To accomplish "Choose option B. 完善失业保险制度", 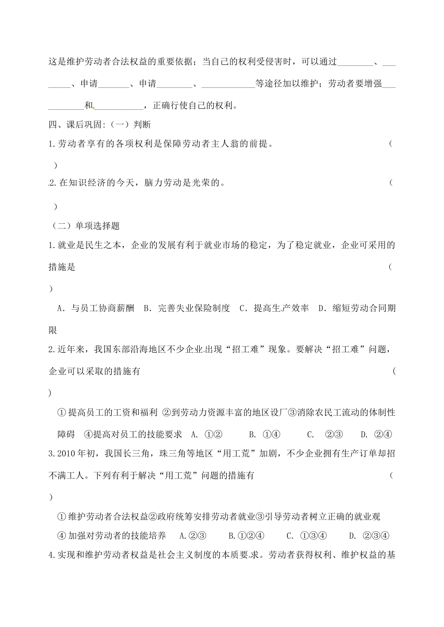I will tap(187, 308).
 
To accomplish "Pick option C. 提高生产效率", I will tap(274, 308).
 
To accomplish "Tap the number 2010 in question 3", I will tap(68, 453).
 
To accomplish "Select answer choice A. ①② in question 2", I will tap(207, 434).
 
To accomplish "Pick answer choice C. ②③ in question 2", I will tap(325, 434).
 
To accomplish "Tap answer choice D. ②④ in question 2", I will tap(376, 434).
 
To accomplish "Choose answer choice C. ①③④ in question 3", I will tap(306, 535).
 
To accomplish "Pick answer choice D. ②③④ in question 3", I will tap(369, 535).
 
